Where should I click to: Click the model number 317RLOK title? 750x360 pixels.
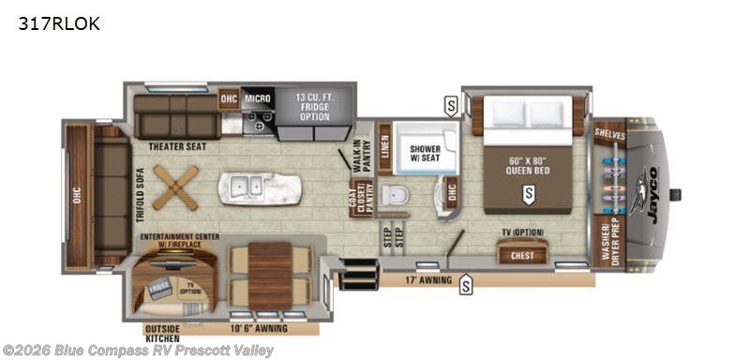pyautogui.click(x=58, y=24)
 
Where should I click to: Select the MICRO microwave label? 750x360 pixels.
pyautogui.click(x=258, y=97)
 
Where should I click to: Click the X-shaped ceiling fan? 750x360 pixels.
pyautogui.click(x=176, y=187)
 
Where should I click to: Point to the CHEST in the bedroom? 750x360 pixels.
pyautogui.click(x=522, y=255)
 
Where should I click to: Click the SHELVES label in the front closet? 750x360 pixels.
pyautogui.click(x=610, y=134)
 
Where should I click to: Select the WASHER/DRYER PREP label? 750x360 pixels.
pyautogui.click(x=608, y=242)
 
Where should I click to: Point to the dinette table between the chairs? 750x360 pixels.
pyautogui.click(x=270, y=272)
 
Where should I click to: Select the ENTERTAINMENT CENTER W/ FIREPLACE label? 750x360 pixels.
pyautogui.click(x=180, y=241)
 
